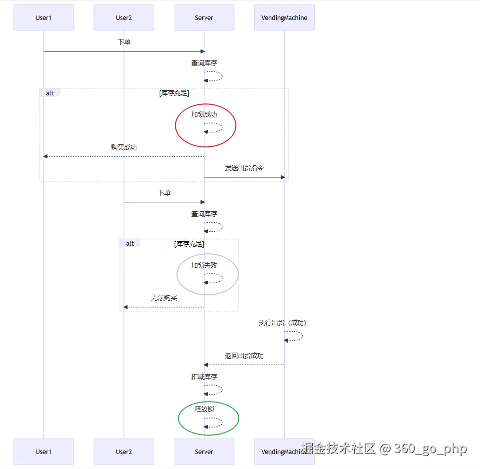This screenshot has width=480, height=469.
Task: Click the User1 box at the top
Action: point(43,18)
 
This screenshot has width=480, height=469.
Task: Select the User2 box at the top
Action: point(124,18)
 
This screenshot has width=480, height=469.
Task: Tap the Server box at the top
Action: point(204,18)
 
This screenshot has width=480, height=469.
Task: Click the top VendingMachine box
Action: point(284,18)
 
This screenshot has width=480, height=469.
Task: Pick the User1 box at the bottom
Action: point(43,452)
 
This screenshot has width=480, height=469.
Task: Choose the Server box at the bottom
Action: point(204,452)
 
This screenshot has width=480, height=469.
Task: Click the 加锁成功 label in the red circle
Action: point(204,114)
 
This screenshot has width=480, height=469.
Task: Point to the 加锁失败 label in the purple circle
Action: point(204,265)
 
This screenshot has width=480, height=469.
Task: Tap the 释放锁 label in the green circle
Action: point(204,409)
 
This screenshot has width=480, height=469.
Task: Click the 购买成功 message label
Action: point(124,147)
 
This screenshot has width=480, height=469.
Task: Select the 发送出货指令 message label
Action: point(244,168)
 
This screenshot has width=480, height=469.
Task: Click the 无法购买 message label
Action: point(164,298)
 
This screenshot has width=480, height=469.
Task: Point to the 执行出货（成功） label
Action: point(282,323)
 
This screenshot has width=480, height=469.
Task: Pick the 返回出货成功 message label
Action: point(244,356)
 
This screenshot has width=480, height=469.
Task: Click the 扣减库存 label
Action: point(204,377)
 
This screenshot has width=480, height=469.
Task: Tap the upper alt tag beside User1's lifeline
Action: point(50,93)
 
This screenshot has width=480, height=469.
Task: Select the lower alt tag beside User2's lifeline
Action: point(130,243)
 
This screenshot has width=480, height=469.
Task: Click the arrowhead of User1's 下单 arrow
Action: point(202,51)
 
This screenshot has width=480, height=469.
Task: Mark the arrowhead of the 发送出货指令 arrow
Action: point(282,177)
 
